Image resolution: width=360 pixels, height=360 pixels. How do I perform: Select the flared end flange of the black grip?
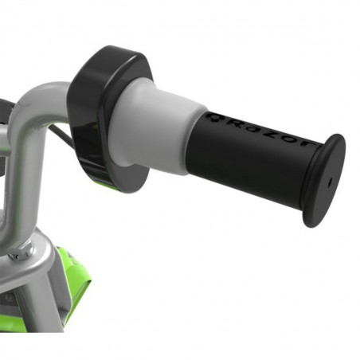[x=323, y=181]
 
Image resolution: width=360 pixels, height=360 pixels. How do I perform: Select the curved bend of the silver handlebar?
[x=36, y=112]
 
